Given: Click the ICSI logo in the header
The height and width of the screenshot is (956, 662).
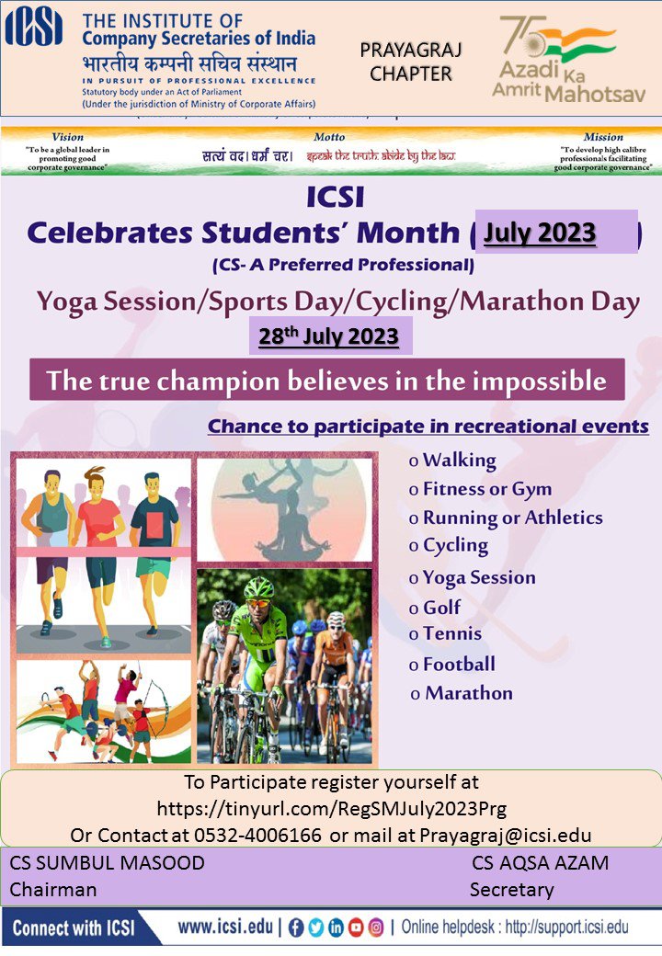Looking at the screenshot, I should pos(34,28).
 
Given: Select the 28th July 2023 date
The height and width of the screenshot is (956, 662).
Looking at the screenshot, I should pos(329,336).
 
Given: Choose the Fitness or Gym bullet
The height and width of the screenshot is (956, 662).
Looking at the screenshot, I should pos(486,489).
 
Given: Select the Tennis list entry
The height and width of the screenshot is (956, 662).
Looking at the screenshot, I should pos(451,633).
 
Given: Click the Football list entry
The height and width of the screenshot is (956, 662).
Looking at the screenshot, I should pos(458,664).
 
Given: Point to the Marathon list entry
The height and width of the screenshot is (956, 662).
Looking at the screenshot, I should pos(468,693).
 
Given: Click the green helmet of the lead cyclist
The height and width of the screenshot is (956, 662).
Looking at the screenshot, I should pos(259,587).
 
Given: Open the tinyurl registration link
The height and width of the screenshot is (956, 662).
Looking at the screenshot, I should pos(331,809).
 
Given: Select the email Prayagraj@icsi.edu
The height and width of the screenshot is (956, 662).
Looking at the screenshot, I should pos(505,835).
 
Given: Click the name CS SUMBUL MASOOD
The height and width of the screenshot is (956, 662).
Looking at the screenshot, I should pos(108,863).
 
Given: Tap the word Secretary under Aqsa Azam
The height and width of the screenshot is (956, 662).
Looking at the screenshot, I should pos(511,889).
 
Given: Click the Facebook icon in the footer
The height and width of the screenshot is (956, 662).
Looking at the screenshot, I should pos(296,928).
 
